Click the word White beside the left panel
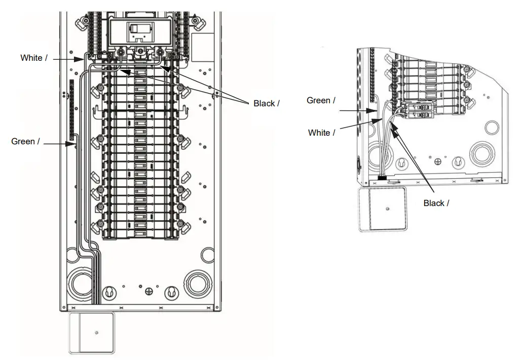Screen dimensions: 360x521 tap(31, 58)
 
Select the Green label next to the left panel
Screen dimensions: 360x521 tap(23, 141)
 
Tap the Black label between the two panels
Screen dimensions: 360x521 tap(264, 103)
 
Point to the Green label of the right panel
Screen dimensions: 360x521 tap(318, 100)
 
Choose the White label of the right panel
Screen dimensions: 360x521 tap(319, 133)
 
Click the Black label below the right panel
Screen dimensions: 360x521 tap(434, 203)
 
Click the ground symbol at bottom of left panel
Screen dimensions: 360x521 tap(149, 291)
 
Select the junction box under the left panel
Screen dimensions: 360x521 tap(91, 333)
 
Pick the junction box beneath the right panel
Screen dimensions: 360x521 tap(383, 209)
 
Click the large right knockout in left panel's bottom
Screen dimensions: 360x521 tap(197, 284)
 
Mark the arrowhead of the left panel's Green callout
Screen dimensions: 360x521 tap(74, 144)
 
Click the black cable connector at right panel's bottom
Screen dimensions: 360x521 tap(383, 178)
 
